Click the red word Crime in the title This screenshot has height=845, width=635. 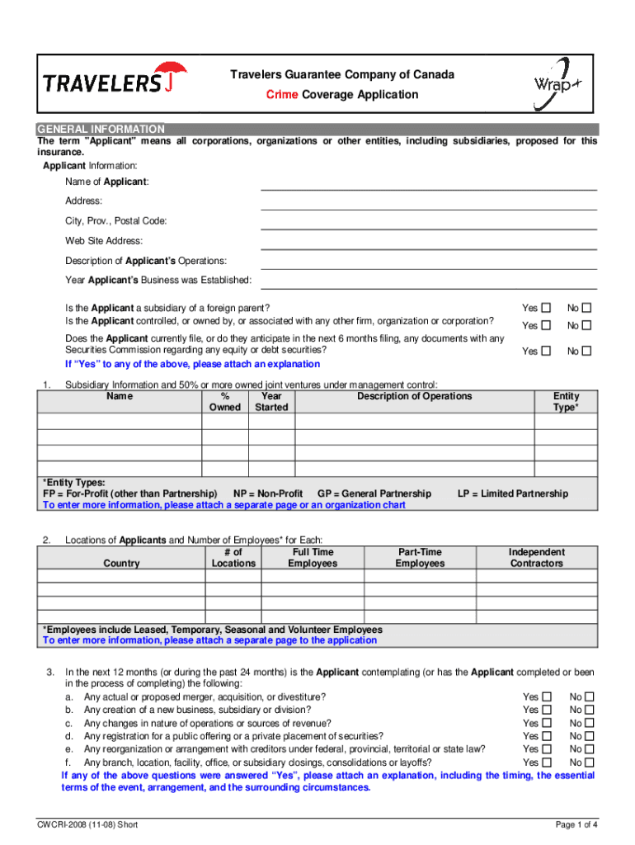(x=282, y=95)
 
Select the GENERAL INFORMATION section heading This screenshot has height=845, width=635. (x=101, y=130)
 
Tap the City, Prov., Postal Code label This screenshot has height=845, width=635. (x=116, y=221)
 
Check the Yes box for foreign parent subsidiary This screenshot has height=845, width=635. (x=546, y=308)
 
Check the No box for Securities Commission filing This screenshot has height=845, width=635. (x=587, y=352)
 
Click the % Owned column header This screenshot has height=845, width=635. (x=225, y=402)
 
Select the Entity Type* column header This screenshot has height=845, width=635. (x=566, y=402)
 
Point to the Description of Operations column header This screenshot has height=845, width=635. (x=414, y=396)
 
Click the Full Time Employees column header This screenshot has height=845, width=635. (x=313, y=558)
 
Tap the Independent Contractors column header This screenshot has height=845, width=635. (x=536, y=558)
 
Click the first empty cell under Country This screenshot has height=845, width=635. (x=121, y=578)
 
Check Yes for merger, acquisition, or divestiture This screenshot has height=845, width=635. (x=546, y=697)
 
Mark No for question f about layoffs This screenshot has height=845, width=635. (x=589, y=762)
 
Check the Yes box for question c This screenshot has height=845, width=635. (x=546, y=724)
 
